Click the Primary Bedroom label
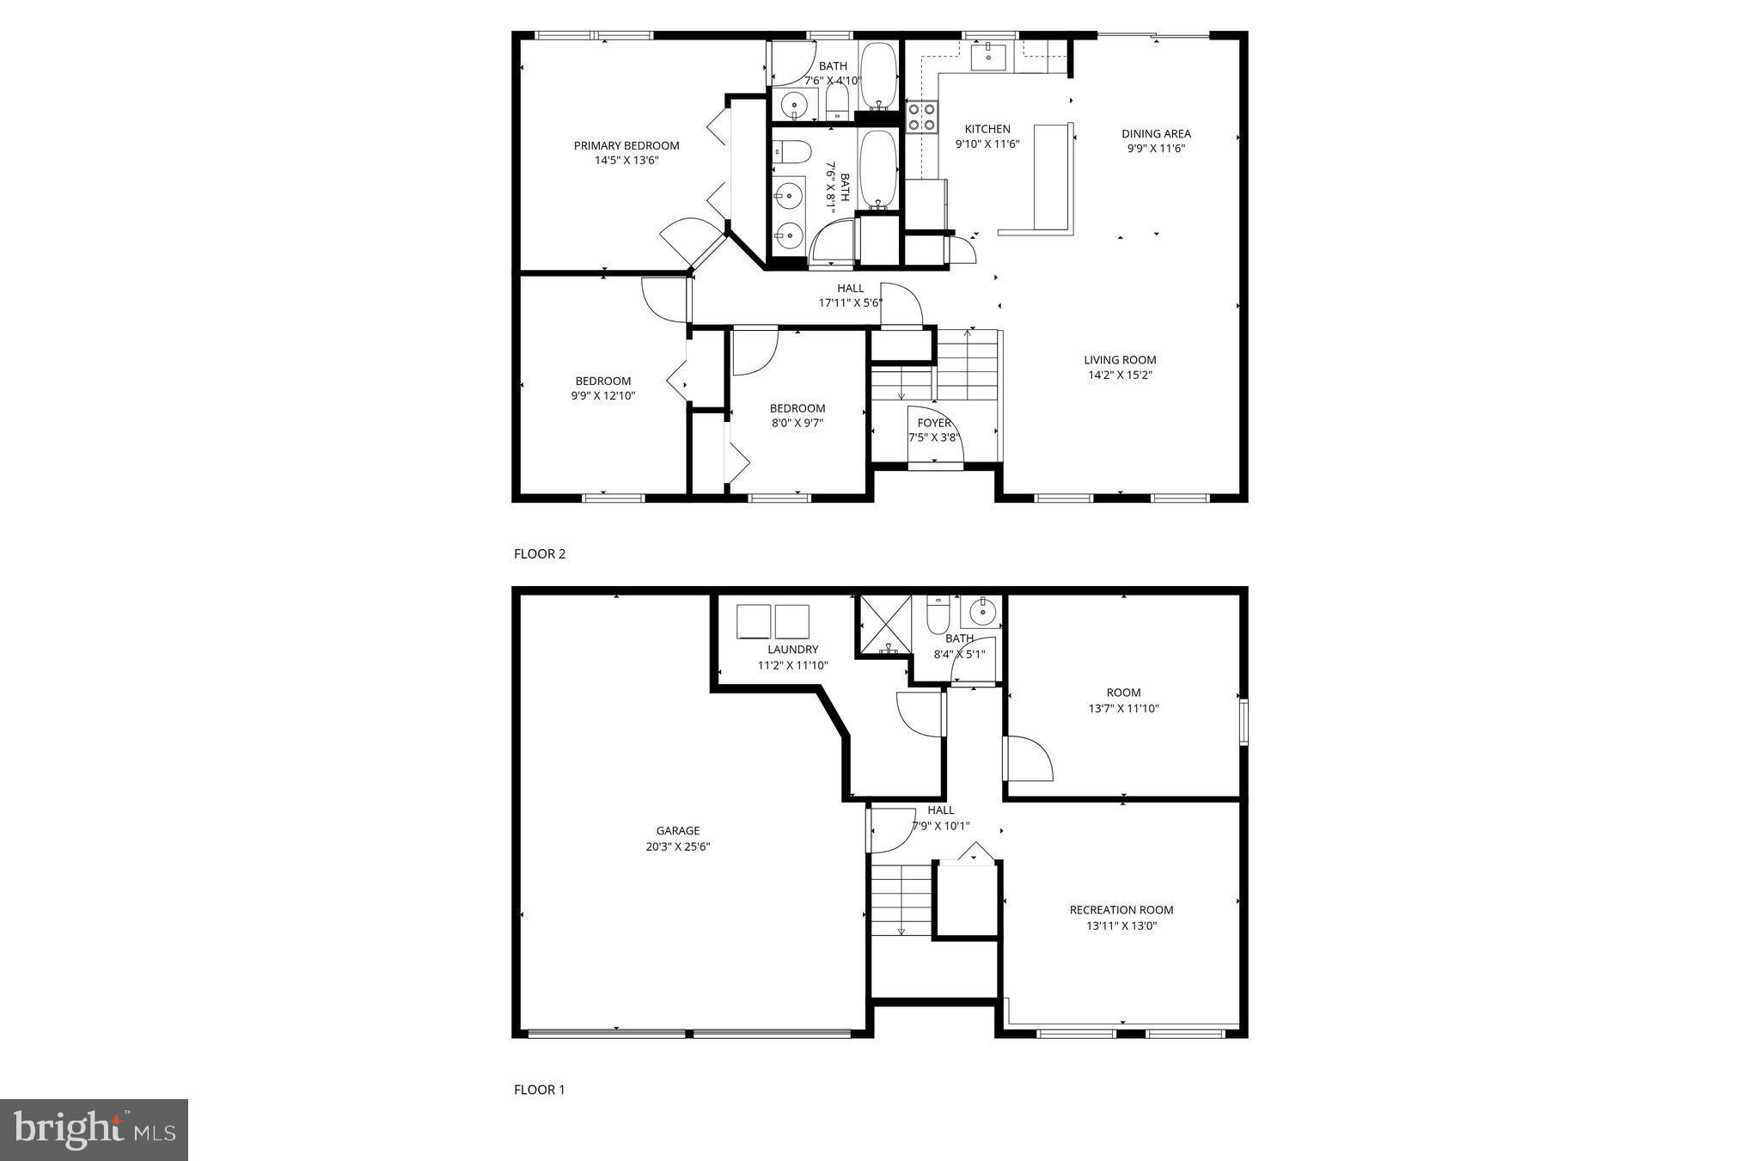click(x=626, y=145)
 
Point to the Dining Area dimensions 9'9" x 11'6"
click(x=1156, y=149)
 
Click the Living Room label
click(x=1120, y=360)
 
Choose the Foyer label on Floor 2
click(x=934, y=423)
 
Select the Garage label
click(x=678, y=831)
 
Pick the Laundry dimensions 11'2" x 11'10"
click(x=792, y=665)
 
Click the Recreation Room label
click(x=1121, y=910)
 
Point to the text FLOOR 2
click(x=540, y=554)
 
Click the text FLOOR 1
click(x=540, y=1090)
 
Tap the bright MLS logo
click(x=94, y=1130)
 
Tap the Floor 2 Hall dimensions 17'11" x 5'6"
click(x=850, y=302)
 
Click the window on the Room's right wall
click(x=1243, y=722)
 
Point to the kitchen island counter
click(x=1053, y=179)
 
